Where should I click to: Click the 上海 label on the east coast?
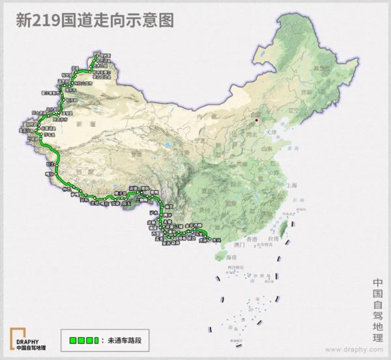[293, 186]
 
